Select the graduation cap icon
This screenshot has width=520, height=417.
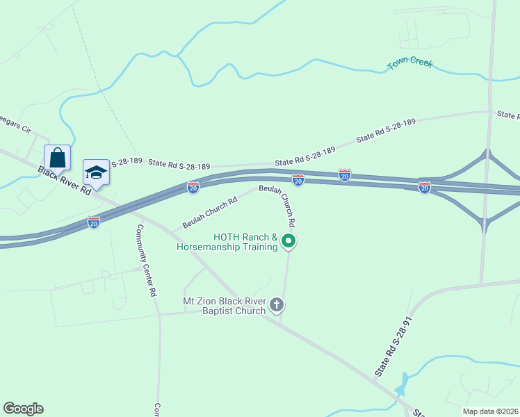point(97,172)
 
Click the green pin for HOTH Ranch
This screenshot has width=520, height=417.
point(289,242)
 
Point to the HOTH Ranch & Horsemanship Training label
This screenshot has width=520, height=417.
point(227,242)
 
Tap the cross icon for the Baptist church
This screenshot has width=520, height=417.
point(277,304)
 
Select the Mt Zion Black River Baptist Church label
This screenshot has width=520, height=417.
point(224,306)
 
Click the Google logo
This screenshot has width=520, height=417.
point(23,409)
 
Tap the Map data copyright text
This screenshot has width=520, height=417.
point(491,411)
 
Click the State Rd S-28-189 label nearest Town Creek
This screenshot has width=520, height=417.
point(386,130)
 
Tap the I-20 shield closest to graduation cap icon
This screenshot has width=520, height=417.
point(94,222)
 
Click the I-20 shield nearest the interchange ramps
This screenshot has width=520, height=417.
point(424,187)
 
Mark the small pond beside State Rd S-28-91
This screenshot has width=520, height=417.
point(400,384)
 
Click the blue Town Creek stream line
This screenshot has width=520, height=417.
point(334,64)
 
